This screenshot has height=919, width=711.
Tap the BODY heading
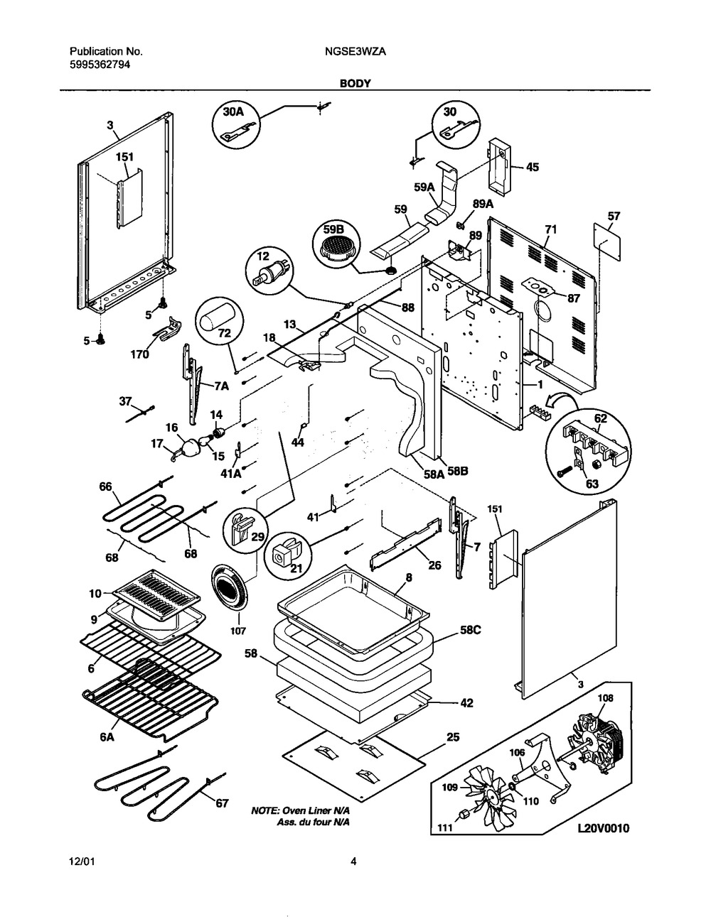pyautogui.click(x=355, y=84)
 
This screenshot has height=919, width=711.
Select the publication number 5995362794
pyautogui.click(x=100, y=65)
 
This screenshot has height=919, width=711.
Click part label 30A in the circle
pyautogui.click(x=235, y=112)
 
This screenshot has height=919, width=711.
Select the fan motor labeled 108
pyautogui.click(x=597, y=739)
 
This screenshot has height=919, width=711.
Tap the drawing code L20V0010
pyautogui.click(x=604, y=828)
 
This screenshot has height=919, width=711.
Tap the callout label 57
pyautogui.click(x=614, y=217)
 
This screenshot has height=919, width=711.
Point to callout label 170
pyautogui.click(x=139, y=354)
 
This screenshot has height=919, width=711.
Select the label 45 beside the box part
pyautogui.click(x=533, y=168)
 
